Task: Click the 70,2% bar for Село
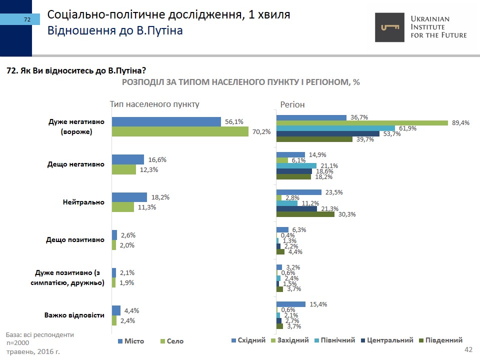[180, 131]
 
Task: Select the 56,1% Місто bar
[166, 121]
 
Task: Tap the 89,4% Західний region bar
[362, 123]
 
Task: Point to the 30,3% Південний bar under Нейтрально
[305, 214]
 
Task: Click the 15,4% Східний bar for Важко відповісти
[291, 304]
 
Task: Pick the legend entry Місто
[131, 341]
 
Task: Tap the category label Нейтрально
[83, 202]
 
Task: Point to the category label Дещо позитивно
[75, 239]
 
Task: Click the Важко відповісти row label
[74, 315]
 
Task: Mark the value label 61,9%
[407, 128]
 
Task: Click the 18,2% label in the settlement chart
[159, 197]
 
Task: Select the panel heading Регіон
[292, 104]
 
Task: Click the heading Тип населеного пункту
[154, 104]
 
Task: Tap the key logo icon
[390, 27]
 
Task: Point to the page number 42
[468, 349]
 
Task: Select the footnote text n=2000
[18, 343]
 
